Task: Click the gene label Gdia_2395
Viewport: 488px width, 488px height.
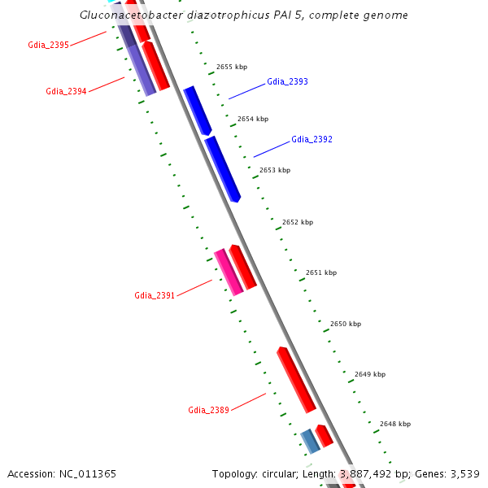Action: pos(48,45)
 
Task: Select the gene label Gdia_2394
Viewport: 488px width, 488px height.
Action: pos(66,91)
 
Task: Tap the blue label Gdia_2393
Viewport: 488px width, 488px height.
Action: pos(287,82)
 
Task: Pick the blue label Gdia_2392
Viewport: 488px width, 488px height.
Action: pos(312,140)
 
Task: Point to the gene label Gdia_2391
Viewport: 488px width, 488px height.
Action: pos(155,295)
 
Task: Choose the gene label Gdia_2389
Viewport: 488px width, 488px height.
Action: pos(208,410)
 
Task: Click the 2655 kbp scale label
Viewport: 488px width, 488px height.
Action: pos(231,67)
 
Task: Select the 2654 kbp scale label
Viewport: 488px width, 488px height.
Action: pos(252,119)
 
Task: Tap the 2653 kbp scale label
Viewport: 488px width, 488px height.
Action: pos(274,170)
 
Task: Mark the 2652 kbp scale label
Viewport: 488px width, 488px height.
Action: pos(297,222)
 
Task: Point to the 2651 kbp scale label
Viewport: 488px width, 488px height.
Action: pos(320,272)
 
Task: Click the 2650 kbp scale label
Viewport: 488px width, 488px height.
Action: pos(345,324)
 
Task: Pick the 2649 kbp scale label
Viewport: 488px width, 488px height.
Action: pos(370,374)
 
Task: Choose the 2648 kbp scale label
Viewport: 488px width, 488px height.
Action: pos(395,424)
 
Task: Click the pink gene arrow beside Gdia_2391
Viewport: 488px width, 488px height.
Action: pos(229,272)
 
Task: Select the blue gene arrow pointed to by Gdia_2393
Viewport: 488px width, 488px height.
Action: pos(197,110)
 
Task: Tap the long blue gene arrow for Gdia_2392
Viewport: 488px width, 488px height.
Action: pos(222,168)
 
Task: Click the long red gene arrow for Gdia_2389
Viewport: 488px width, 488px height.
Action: pos(296,379)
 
